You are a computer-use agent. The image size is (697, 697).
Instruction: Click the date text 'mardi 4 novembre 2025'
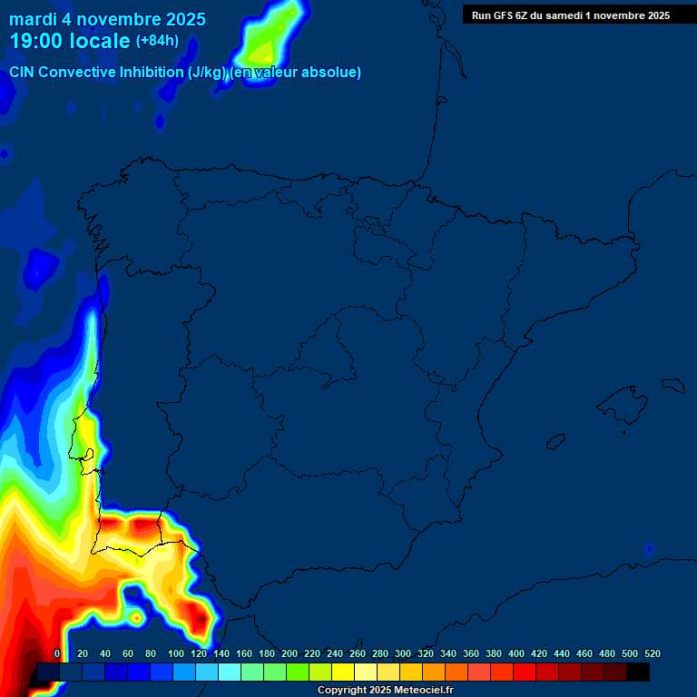click(x=107, y=19)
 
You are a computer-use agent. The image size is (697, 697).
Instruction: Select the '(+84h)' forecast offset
click(x=157, y=41)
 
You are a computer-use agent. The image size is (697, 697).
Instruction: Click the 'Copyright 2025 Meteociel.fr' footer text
click(x=386, y=691)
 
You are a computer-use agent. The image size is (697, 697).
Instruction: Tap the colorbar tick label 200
click(x=290, y=653)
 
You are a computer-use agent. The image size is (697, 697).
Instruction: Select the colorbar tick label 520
click(x=652, y=653)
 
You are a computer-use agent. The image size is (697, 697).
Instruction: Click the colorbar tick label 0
click(x=57, y=653)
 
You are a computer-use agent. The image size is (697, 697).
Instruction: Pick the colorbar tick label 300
click(x=402, y=653)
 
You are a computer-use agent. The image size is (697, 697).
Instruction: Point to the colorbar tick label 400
click(x=515, y=653)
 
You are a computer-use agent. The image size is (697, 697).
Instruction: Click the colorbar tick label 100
click(x=176, y=653)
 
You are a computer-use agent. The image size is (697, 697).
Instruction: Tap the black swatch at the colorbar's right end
click(x=638, y=672)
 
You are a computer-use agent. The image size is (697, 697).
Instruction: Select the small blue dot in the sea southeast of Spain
click(x=649, y=549)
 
